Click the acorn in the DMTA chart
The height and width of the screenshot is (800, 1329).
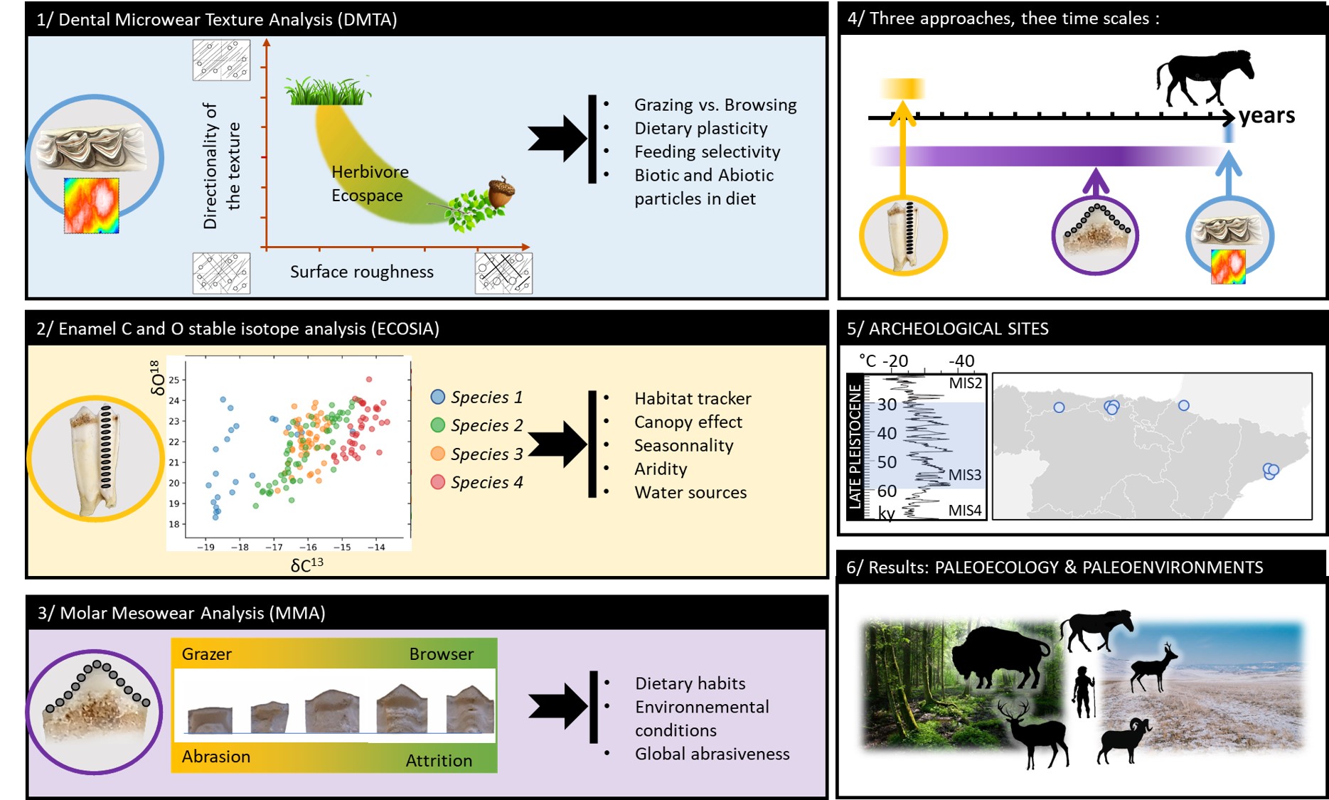click(x=501, y=192)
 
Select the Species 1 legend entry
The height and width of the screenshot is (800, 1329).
click(x=486, y=397)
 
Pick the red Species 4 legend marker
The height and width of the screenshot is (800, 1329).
click(x=438, y=482)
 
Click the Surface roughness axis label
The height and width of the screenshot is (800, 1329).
click(x=361, y=272)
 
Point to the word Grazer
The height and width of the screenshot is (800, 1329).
click(x=206, y=654)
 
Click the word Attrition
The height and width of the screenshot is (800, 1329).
click(x=438, y=760)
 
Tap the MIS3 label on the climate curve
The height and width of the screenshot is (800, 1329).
click(x=964, y=475)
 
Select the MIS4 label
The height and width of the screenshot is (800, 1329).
click(x=964, y=510)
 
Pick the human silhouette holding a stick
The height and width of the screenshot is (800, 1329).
click(x=1084, y=691)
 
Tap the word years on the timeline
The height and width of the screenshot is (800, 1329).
click(x=1266, y=116)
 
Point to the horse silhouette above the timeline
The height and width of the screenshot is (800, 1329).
click(x=1204, y=77)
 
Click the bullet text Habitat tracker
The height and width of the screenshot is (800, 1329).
click(x=693, y=398)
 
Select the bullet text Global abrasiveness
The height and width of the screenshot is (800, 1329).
click(x=712, y=754)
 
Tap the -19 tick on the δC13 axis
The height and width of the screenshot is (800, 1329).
click(x=206, y=547)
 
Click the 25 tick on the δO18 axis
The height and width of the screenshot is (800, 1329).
click(x=174, y=380)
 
